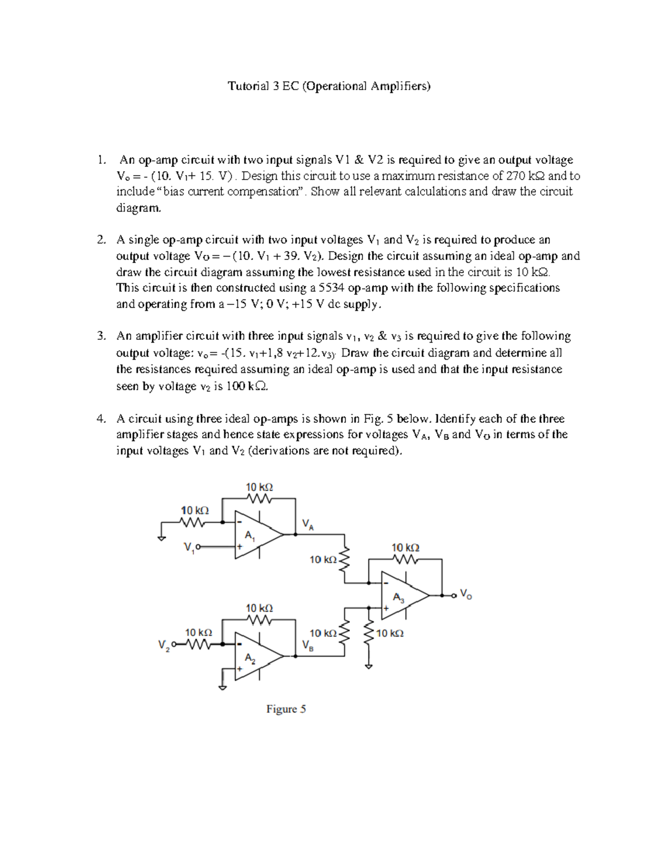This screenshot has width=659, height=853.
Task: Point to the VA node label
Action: (x=308, y=525)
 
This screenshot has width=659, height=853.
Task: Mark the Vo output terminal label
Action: (x=465, y=594)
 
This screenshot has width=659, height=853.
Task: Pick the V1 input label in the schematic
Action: (x=189, y=548)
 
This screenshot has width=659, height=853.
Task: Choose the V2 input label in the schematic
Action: (x=164, y=645)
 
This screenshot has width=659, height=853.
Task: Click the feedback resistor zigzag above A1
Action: (x=259, y=498)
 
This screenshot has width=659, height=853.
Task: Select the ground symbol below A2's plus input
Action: (x=222, y=687)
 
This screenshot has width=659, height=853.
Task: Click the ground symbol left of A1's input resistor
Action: (x=161, y=538)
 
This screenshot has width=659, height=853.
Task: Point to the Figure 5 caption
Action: (x=286, y=709)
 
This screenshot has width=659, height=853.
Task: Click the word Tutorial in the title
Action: (x=248, y=86)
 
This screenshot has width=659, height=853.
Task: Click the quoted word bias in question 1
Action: (x=176, y=192)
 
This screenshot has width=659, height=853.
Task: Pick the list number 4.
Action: (x=100, y=419)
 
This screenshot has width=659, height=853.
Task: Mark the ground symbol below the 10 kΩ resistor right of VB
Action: (x=368, y=666)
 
